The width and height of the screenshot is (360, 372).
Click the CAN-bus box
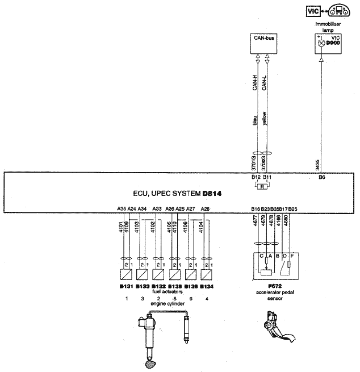(x=262, y=41)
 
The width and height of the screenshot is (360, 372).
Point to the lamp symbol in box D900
(x=321, y=43)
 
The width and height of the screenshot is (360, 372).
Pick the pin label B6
(x=321, y=178)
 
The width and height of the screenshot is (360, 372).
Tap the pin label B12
(x=256, y=178)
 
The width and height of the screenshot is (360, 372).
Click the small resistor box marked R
(x=262, y=186)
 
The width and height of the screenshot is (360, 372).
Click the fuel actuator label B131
(x=127, y=287)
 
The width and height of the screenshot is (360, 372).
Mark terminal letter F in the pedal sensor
(x=292, y=256)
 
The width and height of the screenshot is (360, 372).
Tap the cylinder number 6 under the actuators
(x=191, y=298)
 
